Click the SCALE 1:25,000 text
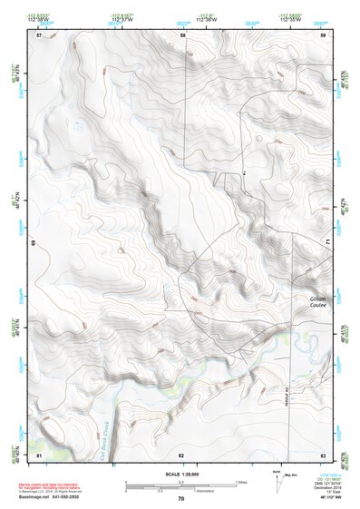point(180,474)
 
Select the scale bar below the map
point(180,485)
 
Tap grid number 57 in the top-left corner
point(38,34)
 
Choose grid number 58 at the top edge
point(181,34)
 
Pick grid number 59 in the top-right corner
point(323,34)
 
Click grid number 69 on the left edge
point(34,243)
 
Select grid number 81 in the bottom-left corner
point(38,453)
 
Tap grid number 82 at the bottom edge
point(181,453)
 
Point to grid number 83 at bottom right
point(323,453)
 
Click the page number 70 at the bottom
point(180,498)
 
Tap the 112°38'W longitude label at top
point(36,19)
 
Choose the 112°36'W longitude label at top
point(205,19)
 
